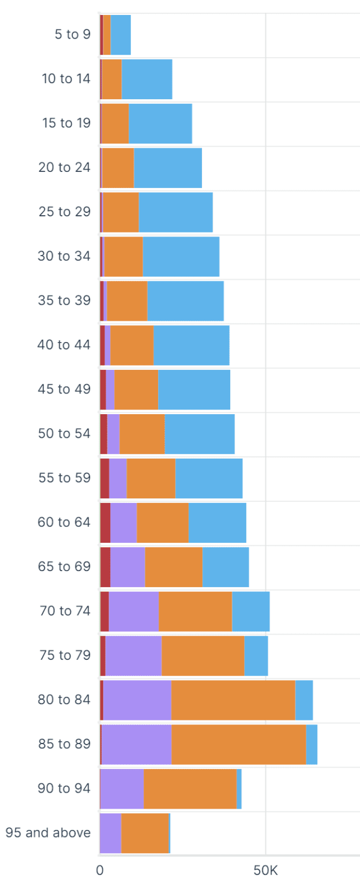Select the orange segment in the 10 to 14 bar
pos(111,79)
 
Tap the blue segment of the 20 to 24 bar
pos(168,168)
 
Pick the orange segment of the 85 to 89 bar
pos(239,744)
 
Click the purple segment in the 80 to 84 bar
pos(137,700)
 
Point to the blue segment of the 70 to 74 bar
pos(250,611)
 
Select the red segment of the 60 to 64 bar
pos(105,523)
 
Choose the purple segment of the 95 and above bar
pos(110,833)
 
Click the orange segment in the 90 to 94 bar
pos(190,789)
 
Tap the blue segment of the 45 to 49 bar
pos(194,389)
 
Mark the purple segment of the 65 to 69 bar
pos(127,567)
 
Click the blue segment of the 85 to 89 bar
pos(312,744)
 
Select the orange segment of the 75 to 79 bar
pos(202,655)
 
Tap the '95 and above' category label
pos(48,833)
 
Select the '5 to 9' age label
pos(72,35)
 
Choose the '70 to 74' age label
pos(65,611)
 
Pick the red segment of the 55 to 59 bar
pos(104,478)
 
